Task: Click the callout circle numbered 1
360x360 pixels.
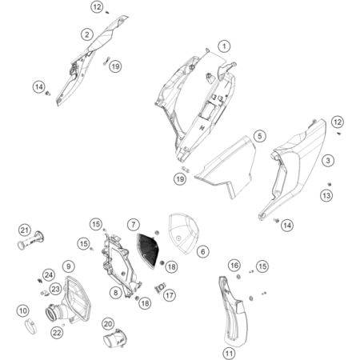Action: (224, 46)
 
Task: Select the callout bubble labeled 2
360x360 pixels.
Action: (87, 34)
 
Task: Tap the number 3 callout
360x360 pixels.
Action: (328, 161)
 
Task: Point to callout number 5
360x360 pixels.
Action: (260, 136)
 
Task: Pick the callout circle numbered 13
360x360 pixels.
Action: (326, 196)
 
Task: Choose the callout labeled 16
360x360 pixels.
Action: (234, 266)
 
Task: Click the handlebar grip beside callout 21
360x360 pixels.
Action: (30, 240)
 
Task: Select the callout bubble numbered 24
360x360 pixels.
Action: (49, 275)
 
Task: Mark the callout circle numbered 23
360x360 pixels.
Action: (55, 289)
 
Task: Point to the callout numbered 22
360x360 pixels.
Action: (57, 333)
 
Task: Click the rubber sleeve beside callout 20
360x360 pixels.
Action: (114, 338)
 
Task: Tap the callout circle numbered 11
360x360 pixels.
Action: (229, 354)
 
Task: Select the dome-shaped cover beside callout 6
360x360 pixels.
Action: (185, 232)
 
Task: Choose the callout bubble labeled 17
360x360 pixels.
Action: (170, 295)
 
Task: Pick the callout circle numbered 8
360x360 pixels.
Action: (115, 293)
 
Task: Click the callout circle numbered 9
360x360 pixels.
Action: (69, 266)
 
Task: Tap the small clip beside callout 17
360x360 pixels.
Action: (160, 288)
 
